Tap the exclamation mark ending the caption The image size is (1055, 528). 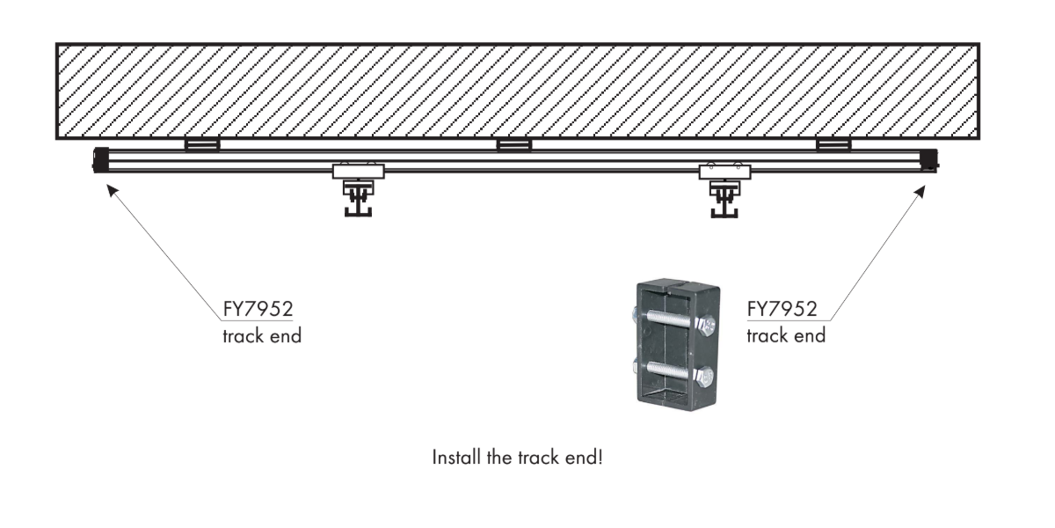(600, 458)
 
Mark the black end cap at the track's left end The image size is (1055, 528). (100, 160)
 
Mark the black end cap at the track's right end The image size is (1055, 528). (930, 160)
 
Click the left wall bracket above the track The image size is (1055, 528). (201, 144)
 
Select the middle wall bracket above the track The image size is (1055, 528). (513, 144)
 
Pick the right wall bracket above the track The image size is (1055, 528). (833, 144)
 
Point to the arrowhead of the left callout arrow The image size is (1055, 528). (109, 187)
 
